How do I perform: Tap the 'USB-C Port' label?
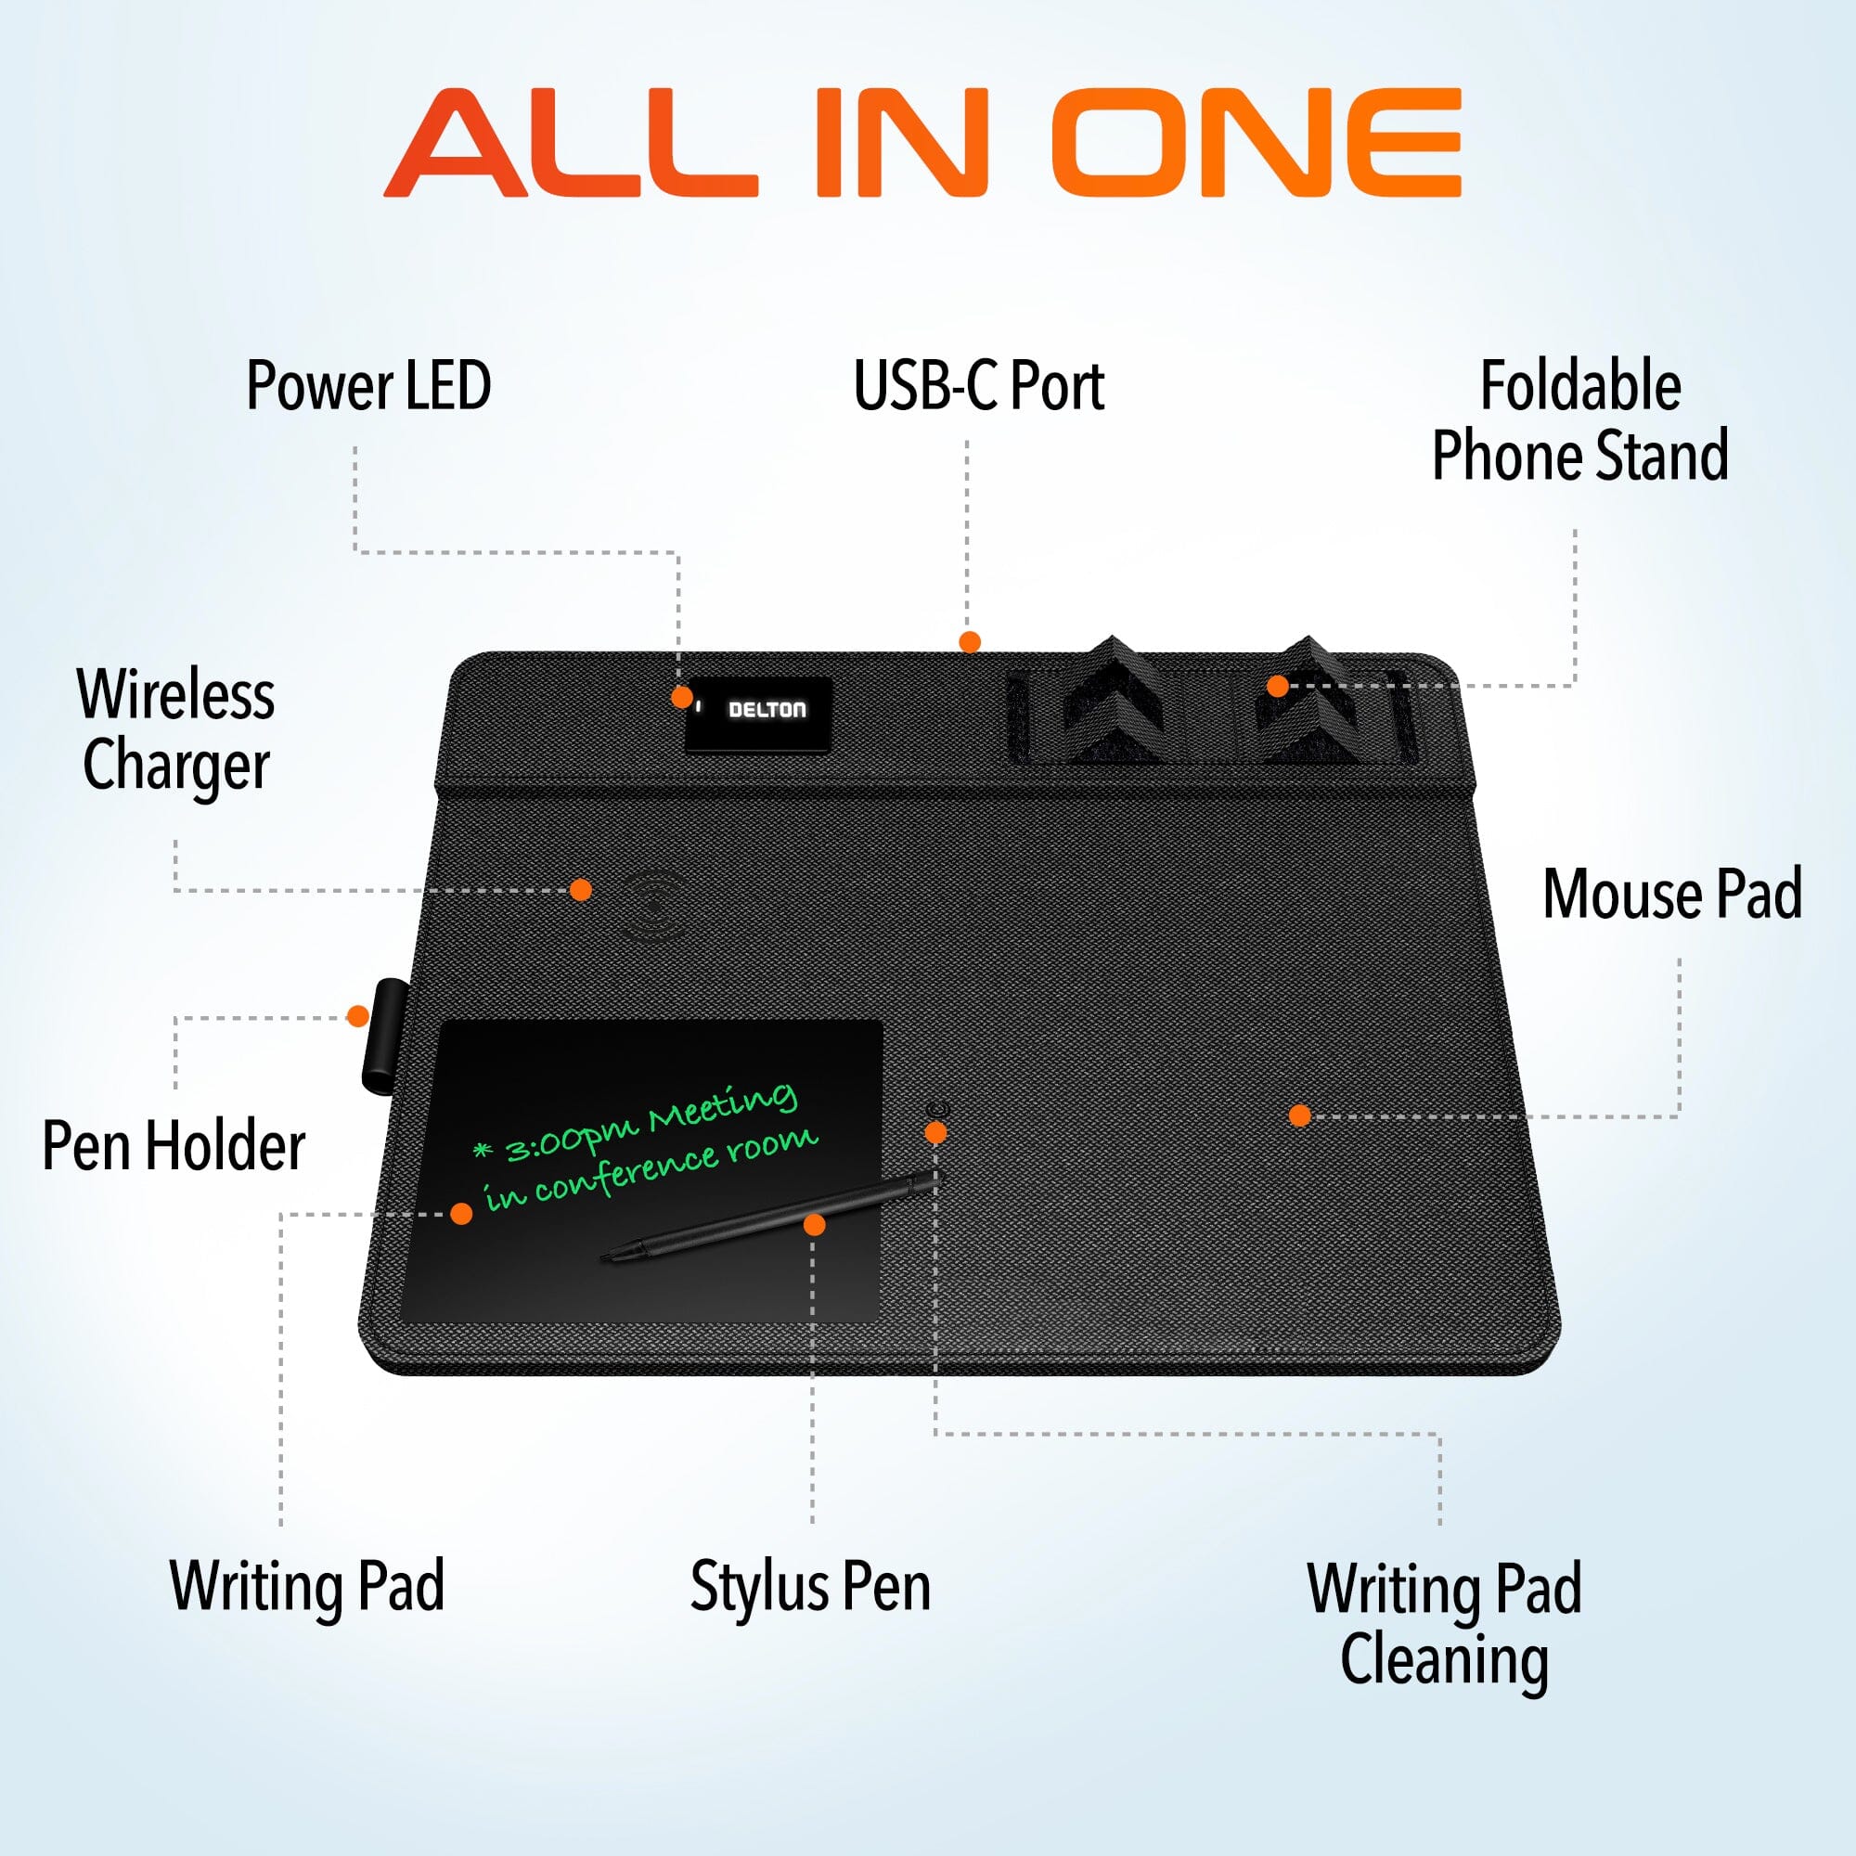[x=978, y=385]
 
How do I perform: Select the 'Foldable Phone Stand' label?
[x=1579, y=419]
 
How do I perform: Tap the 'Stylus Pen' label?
[x=810, y=1586]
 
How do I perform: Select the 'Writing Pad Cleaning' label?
[x=1444, y=1622]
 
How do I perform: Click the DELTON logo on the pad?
[x=767, y=710]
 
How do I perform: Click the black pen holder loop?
[x=385, y=1036]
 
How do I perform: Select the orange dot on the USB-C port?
[x=971, y=642]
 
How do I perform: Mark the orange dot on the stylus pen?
[x=814, y=1224]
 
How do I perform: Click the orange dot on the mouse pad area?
[x=1300, y=1115]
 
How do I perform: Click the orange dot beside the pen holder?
[x=357, y=1016]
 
